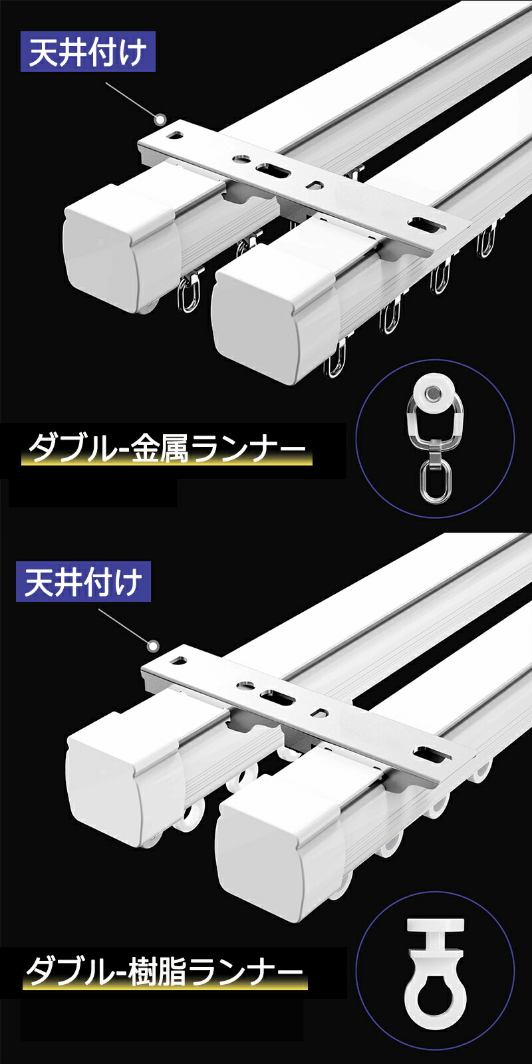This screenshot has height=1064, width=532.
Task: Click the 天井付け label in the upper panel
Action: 88,52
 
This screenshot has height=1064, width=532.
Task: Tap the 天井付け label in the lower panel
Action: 84,582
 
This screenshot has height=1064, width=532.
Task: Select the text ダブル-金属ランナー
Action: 166,448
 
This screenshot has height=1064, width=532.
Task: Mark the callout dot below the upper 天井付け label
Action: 161,120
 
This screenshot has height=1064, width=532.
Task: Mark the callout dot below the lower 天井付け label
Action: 153,646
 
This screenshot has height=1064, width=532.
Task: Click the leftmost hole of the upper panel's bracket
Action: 177,136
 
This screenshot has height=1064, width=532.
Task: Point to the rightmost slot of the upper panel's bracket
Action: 427,225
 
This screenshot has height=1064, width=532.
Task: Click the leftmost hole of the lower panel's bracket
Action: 180,660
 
